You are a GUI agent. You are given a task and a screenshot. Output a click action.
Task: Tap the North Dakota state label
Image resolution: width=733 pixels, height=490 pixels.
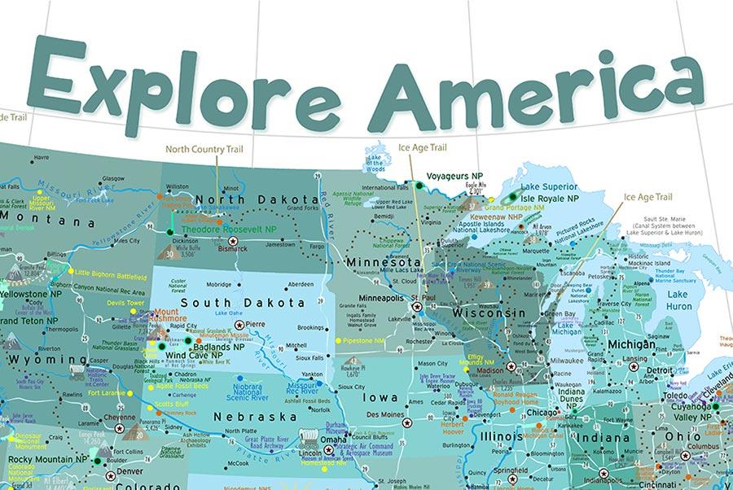point(256,199)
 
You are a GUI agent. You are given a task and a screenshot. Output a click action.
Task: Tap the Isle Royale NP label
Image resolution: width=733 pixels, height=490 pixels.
point(550,198)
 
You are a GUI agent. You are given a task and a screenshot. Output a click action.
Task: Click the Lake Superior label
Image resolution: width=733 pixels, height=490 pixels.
point(549,185)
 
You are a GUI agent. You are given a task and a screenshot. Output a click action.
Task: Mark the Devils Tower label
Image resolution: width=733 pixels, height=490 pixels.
point(125,302)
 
